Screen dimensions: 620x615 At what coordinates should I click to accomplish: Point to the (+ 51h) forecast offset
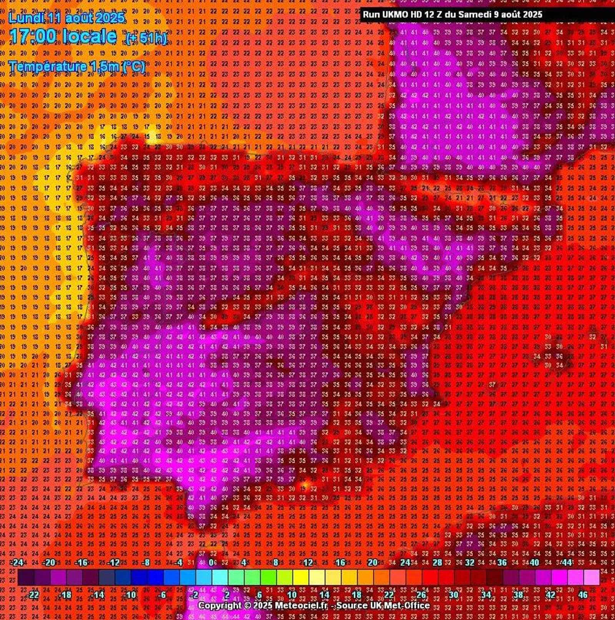[x=146, y=38]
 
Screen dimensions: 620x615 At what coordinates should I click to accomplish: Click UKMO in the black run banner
[x=396, y=15]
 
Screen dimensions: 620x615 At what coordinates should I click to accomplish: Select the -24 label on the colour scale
[x=17, y=562]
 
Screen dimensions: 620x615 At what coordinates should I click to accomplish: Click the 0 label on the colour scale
[x=211, y=562]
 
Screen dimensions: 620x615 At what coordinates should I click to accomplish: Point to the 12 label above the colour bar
[x=308, y=562]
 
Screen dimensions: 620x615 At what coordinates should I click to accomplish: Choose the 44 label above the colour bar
[x=567, y=562]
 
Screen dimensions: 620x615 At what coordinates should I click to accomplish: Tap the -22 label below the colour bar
[x=33, y=595]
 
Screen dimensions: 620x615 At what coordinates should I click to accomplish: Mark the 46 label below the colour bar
[x=583, y=595]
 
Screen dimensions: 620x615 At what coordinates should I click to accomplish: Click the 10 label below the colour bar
[x=292, y=595]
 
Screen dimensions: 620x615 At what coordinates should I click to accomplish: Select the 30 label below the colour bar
[x=454, y=595]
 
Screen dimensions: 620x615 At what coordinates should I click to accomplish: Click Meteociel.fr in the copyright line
[x=301, y=605]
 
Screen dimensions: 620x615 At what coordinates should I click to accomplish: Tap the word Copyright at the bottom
[x=219, y=605]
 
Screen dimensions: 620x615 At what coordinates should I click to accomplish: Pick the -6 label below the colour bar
[x=162, y=595]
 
